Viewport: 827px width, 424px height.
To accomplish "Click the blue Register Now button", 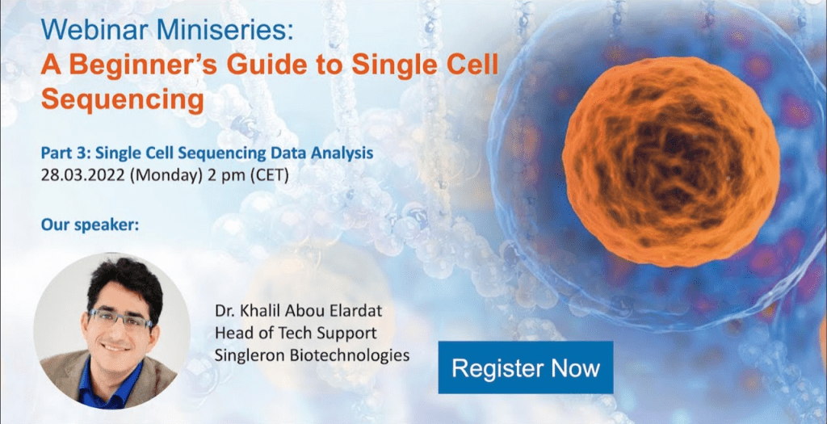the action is (525, 367).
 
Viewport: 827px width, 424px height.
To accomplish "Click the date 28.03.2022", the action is (83, 175).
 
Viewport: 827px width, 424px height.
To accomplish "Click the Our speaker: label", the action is (90, 225).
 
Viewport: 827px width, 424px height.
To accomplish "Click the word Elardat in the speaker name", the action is (359, 311).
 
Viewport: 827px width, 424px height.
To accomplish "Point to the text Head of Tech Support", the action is (296, 334).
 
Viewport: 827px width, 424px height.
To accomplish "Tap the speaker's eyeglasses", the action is (120, 318).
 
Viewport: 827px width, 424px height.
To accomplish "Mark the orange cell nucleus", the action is (671, 162).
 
